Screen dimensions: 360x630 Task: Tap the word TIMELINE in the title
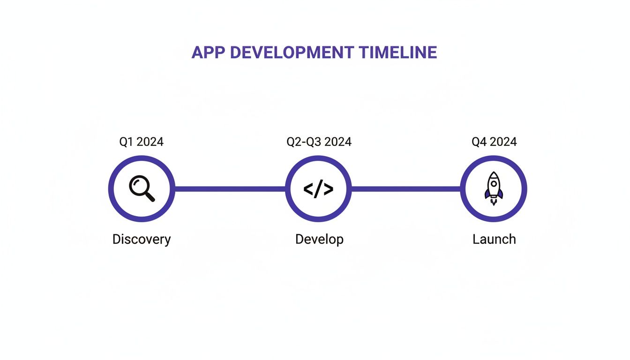tap(398, 52)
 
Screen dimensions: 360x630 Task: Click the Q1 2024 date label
tap(141, 142)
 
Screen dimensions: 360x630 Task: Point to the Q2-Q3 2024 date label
tap(319, 142)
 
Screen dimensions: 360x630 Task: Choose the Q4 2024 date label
tap(494, 142)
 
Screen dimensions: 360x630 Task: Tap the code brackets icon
tap(318, 189)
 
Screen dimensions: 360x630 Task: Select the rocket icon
tap(494, 188)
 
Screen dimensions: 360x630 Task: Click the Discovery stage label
tap(142, 239)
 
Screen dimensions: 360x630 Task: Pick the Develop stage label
tap(319, 239)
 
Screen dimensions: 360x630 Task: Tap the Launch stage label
tap(494, 239)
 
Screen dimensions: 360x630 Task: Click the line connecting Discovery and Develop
tap(230, 189)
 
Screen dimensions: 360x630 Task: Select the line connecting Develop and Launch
tap(406, 189)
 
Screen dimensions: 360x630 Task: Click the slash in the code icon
tap(319, 189)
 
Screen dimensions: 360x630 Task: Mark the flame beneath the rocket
tap(494, 202)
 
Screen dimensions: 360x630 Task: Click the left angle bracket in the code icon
tap(308, 189)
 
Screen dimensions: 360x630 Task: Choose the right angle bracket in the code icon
tap(329, 189)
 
